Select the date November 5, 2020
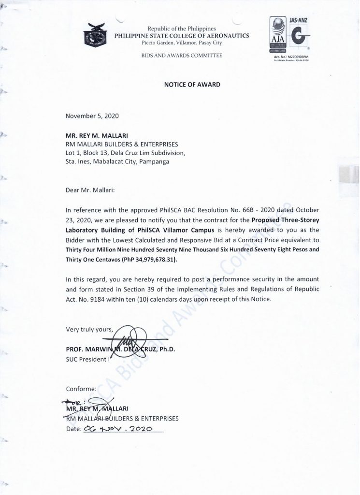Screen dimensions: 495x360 [91, 116]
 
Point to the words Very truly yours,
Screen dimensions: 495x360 [89, 330]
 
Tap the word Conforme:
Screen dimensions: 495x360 [82, 388]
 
